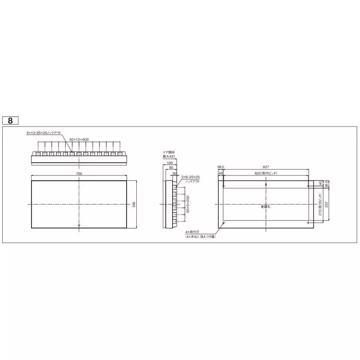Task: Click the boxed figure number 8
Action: (10, 121)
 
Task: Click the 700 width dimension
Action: (79, 174)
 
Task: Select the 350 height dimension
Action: (134, 204)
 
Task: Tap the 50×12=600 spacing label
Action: (79, 140)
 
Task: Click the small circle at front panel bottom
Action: (79, 225)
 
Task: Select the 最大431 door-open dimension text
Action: (168, 156)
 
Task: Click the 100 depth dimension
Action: (170, 162)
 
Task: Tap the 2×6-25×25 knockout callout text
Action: (190, 177)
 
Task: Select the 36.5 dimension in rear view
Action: (220, 166)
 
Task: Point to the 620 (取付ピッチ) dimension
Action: (265, 173)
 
